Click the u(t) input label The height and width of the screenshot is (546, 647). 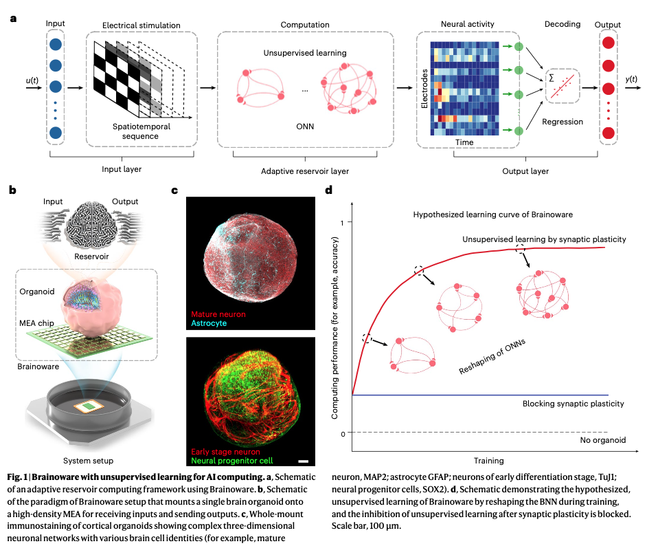point(32,81)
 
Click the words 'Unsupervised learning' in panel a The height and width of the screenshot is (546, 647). point(304,53)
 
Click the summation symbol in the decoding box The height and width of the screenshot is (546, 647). point(551,78)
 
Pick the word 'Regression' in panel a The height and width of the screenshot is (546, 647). point(563,122)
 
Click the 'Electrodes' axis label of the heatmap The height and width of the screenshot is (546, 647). point(424,91)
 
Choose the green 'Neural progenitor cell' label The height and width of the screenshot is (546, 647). point(233,461)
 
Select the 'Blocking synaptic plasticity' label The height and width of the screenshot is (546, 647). point(574,404)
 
